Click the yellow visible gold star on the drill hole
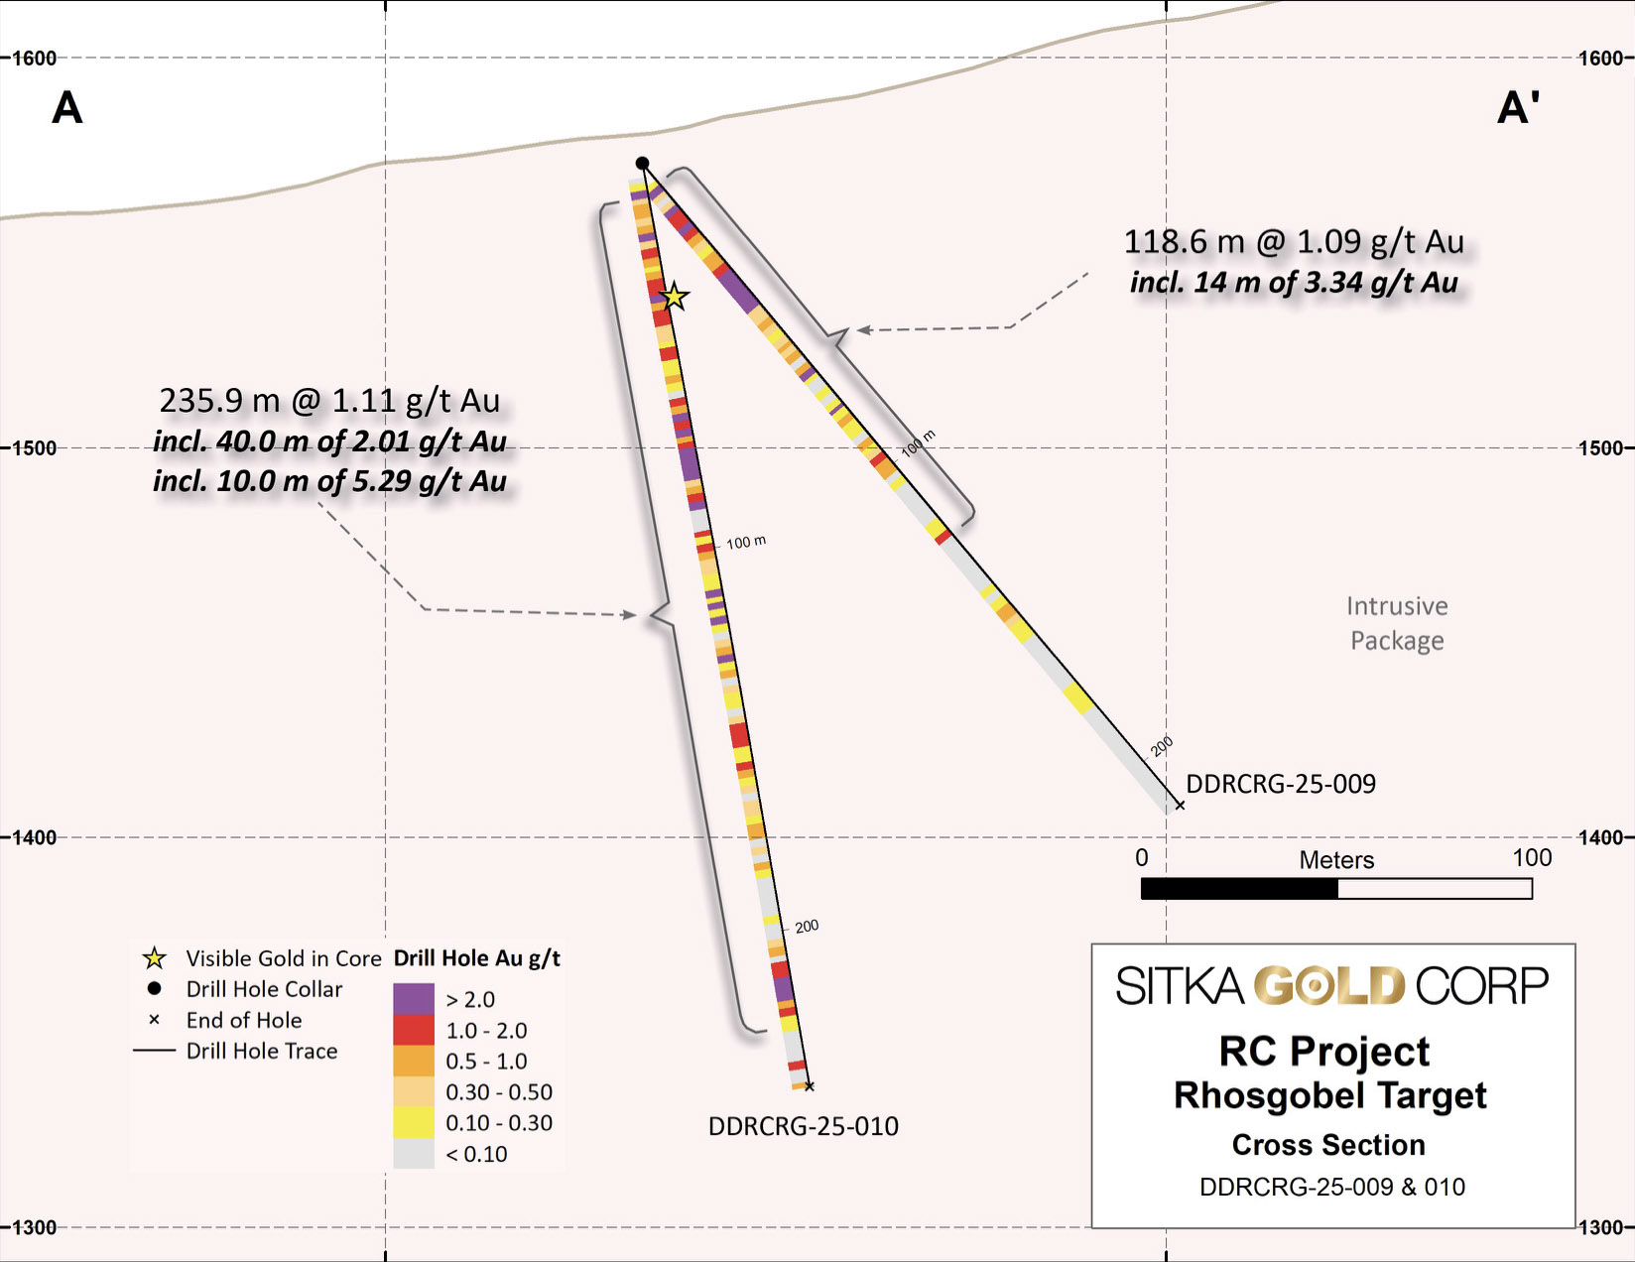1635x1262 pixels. tap(675, 297)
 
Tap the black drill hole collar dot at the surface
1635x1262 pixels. tap(643, 164)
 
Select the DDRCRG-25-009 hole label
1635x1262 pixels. tap(1281, 784)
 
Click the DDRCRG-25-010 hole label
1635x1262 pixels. tap(803, 1126)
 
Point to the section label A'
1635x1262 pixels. tap(1518, 108)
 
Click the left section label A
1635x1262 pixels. tap(66, 108)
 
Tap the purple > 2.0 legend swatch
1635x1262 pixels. tap(414, 999)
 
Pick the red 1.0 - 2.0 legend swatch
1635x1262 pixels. tap(414, 1030)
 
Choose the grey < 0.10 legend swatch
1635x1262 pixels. tap(414, 1153)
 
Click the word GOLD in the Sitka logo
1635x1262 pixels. tap(1329, 986)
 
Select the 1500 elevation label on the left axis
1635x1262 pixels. tap(34, 448)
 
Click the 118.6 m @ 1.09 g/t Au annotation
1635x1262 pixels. tap(1293, 242)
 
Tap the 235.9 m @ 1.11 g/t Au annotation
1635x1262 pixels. tap(329, 401)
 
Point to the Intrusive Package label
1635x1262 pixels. tap(1397, 623)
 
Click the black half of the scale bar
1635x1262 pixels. tap(1239, 889)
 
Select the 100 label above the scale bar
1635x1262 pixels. tap(1531, 858)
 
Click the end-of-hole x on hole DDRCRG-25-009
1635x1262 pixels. tap(1180, 805)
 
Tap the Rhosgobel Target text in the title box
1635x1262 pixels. tap(1329, 1096)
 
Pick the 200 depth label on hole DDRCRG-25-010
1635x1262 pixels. tap(807, 927)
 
